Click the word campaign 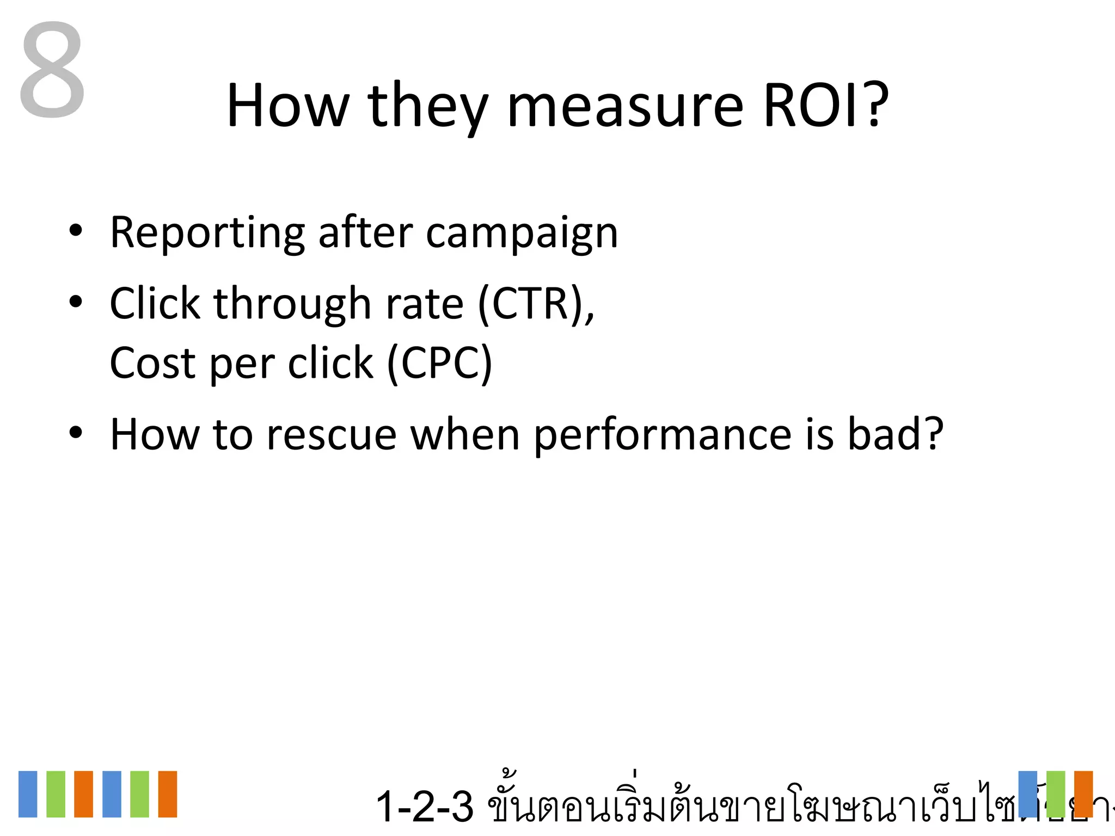522,234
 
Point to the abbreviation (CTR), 536,305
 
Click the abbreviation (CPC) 439,364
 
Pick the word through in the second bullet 292,305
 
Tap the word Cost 152,364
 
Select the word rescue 332,435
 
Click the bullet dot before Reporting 76,231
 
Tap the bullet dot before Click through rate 76,302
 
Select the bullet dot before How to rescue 76,433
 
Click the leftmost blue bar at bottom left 28,794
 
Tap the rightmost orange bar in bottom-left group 168,794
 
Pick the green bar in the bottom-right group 1055,794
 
